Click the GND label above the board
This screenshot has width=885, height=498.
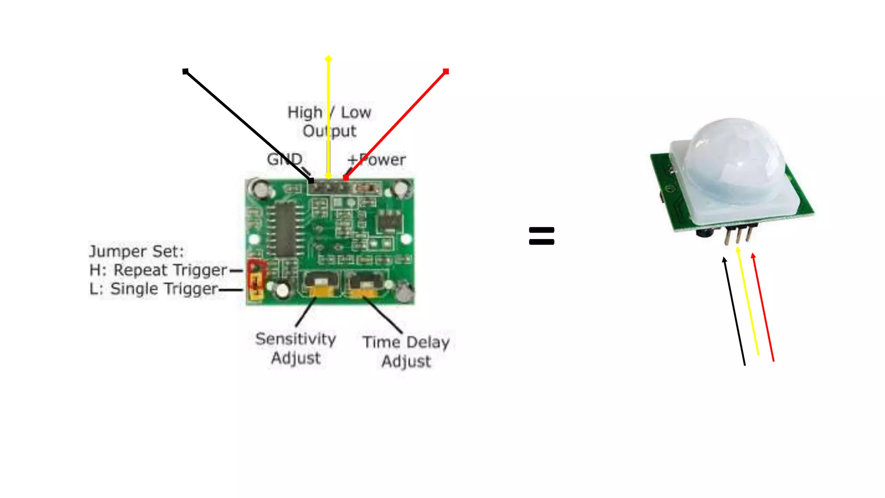(284, 159)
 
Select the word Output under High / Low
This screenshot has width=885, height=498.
(329, 131)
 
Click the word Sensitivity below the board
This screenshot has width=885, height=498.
(296, 339)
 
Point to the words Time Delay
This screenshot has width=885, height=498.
(406, 342)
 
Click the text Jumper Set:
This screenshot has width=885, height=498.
(137, 251)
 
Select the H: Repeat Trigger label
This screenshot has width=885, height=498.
(158, 270)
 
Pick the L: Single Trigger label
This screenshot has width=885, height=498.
(153, 289)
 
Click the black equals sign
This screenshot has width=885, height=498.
(541, 236)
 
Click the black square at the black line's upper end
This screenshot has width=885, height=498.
(185, 71)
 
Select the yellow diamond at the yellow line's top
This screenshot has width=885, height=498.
(328, 58)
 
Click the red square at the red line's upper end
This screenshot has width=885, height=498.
(446, 71)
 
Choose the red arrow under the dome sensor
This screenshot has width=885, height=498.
(763, 307)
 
